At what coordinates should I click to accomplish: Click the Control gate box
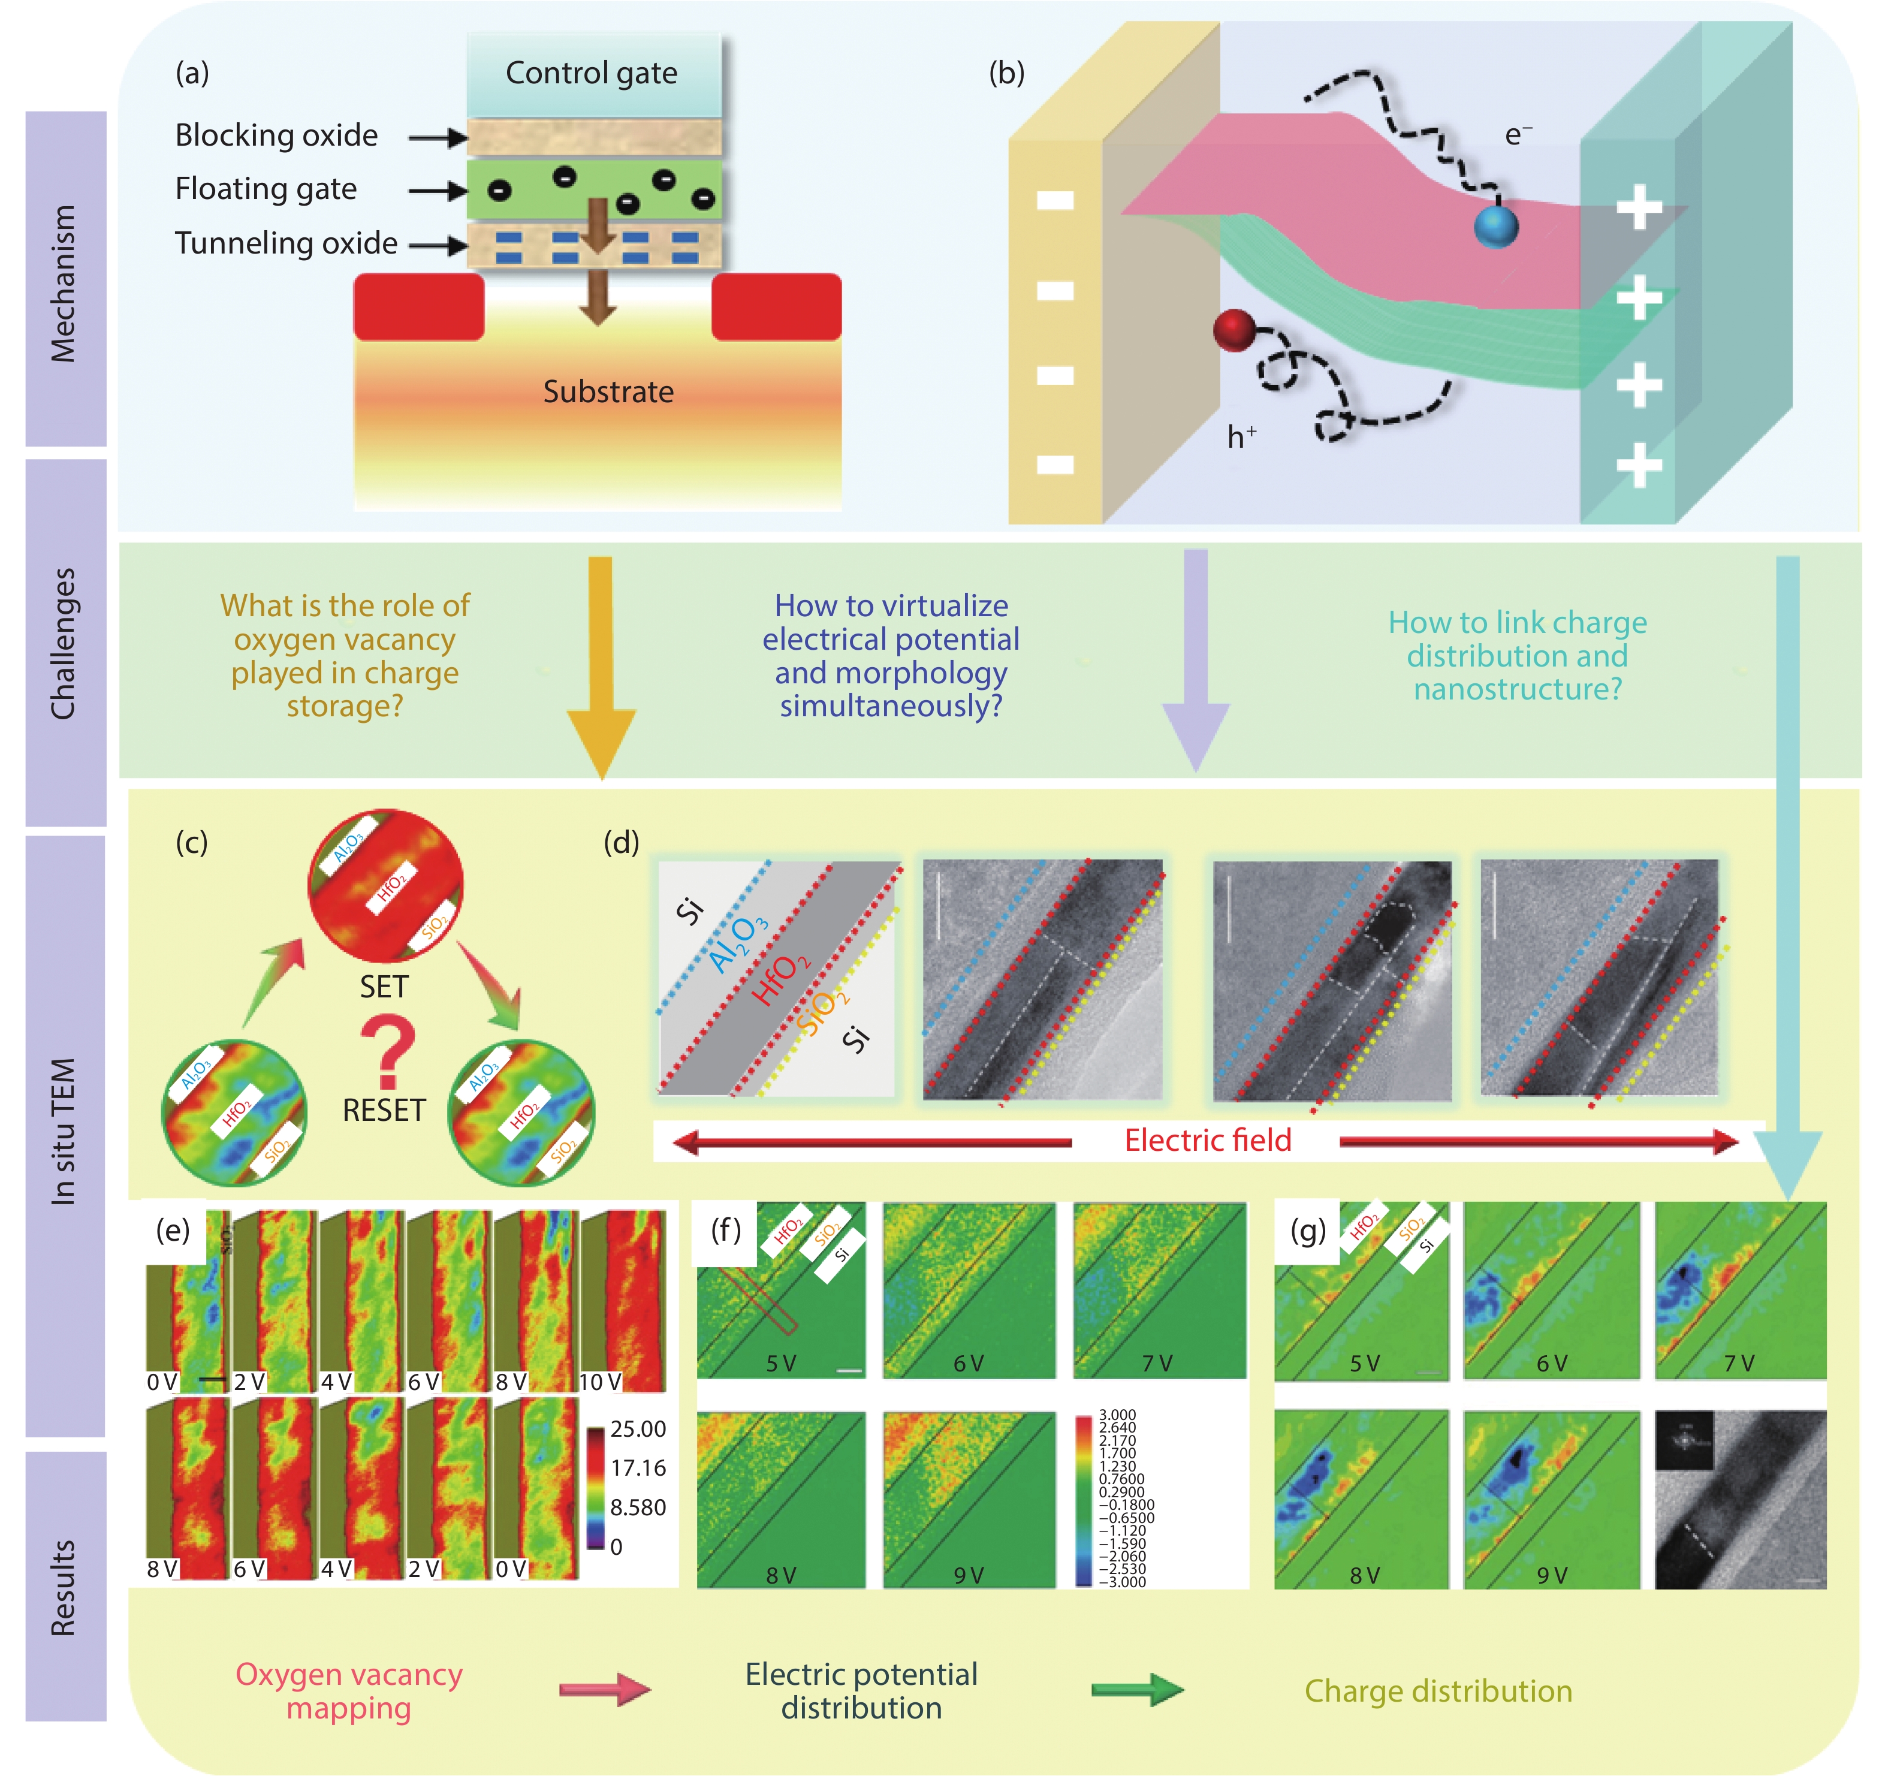[593, 74]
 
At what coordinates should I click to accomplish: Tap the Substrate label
[608, 391]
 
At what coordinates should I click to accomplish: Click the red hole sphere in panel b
[1235, 330]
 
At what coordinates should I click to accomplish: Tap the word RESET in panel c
[384, 1110]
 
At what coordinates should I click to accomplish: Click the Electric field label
[1207, 1139]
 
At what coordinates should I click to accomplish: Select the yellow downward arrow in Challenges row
[600, 665]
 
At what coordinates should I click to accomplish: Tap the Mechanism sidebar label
[64, 283]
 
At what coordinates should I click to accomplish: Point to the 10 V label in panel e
[600, 1382]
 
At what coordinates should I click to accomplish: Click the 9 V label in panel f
[969, 1576]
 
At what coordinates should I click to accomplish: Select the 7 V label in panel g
[1738, 1364]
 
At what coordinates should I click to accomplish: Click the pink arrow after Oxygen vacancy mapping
[605, 1690]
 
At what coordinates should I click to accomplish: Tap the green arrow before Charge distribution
[1137, 1690]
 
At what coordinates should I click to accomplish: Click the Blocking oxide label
[276, 136]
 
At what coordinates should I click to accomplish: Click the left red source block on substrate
[419, 306]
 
